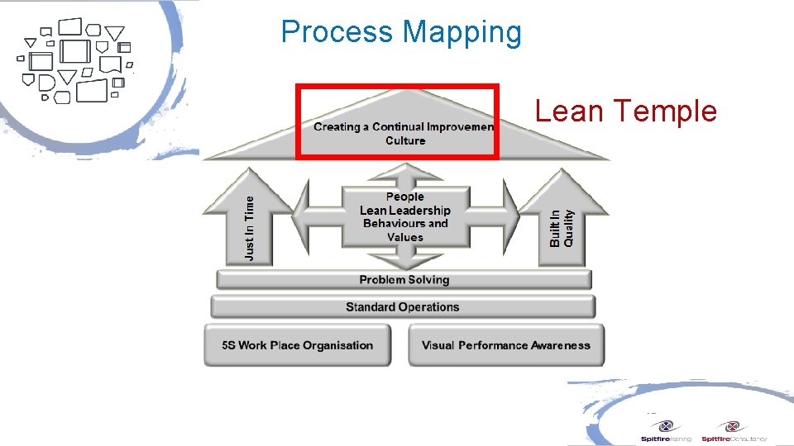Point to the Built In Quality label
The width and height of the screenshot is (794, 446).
[562, 226]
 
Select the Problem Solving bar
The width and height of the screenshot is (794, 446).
[404, 280]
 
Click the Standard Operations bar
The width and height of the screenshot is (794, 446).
[402, 307]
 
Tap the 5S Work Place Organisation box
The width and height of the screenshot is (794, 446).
[298, 345]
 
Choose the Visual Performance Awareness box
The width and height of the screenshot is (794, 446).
[505, 345]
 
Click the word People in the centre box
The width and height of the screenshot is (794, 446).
[404, 197]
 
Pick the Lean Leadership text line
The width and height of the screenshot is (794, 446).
[404, 210]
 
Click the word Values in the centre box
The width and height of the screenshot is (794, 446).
[404, 237]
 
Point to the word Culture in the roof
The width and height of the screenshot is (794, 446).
[405, 140]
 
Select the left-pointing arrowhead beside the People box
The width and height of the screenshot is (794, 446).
[302, 216]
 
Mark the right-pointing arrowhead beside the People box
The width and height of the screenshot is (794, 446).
[511, 216]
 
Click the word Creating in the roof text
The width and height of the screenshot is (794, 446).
[337, 127]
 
